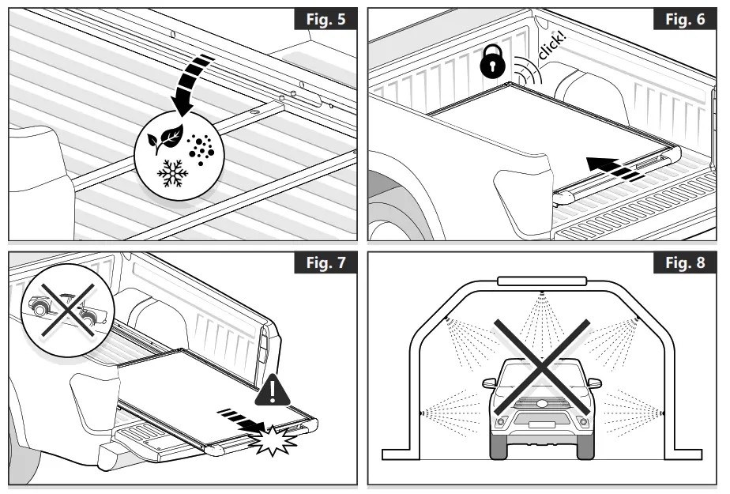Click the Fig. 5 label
click(325, 20)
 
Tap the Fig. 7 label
click(325, 262)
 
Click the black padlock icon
click(491, 62)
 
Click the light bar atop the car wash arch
click(542, 280)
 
